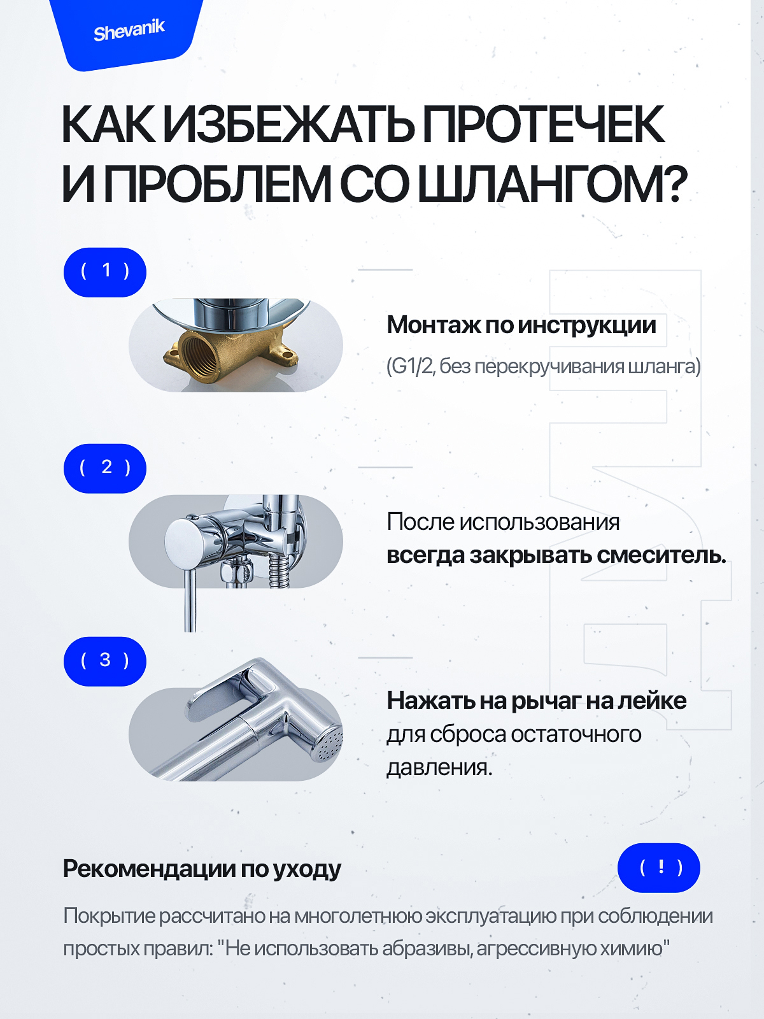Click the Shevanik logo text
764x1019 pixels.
[x=129, y=31]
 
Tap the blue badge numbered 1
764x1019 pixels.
[x=105, y=272]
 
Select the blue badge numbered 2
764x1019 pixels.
[x=105, y=468]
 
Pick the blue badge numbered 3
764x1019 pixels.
[x=105, y=661]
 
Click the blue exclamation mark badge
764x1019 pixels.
[x=659, y=867]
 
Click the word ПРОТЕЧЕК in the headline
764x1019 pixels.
[x=543, y=125]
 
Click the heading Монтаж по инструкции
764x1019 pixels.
[x=521, y=325]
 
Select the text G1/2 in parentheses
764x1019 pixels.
[x=412, y=367]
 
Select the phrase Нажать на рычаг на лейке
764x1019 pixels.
[x=536, y=701]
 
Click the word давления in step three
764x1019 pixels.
[x=439, y=767]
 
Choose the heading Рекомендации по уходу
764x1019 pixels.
[x=202, y=869]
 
